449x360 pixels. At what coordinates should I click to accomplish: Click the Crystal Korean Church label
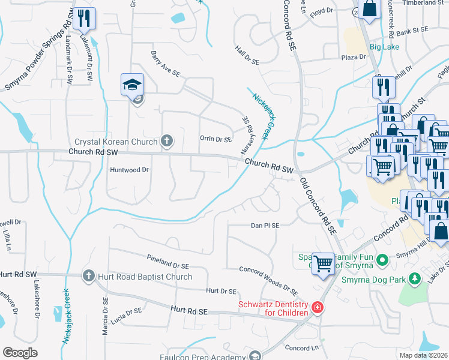pos(116,142)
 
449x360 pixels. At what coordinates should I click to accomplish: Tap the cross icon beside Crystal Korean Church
pos(167,142)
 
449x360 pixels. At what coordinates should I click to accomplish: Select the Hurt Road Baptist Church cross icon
pos(88,276)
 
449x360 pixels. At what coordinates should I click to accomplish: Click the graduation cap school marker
pos(133,85)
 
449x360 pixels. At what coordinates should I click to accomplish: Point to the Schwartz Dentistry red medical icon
pos(317,308)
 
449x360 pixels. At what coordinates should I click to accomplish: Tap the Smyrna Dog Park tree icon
pos(414,278)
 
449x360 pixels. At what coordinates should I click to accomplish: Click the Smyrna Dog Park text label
pos(375,278)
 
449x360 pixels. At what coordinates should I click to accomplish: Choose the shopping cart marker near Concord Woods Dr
pos(324,263)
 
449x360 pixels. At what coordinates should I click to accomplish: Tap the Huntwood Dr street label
pos(129,170)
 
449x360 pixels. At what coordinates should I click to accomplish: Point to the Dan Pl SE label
pos(265,226)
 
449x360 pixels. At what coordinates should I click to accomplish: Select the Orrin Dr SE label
pos(215,139)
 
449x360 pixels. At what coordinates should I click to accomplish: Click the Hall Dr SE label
pos(247,57)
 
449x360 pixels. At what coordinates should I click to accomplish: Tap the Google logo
pos(20,352)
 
